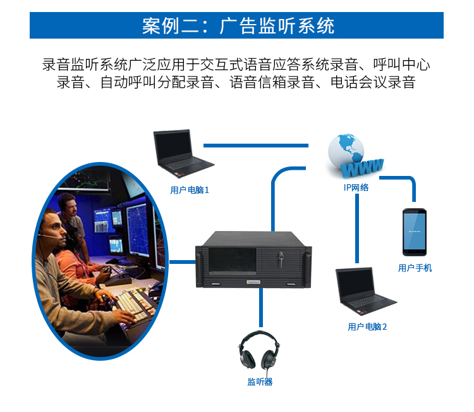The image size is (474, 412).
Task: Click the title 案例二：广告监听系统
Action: [x=237, y=26]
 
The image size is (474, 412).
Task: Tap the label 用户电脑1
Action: [x=190, y=189]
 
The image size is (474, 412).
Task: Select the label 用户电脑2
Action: [x=367, y=327]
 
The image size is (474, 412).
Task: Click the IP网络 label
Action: [x=356, y=187]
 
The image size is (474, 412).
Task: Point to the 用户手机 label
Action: [x=415, y=268]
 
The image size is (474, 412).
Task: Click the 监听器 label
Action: [x=260, y=382]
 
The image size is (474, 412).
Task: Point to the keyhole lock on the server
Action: [x=279, y=256]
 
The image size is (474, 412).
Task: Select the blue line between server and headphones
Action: [x=260, y=310]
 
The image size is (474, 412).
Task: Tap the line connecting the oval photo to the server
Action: [x=183, y=261]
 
